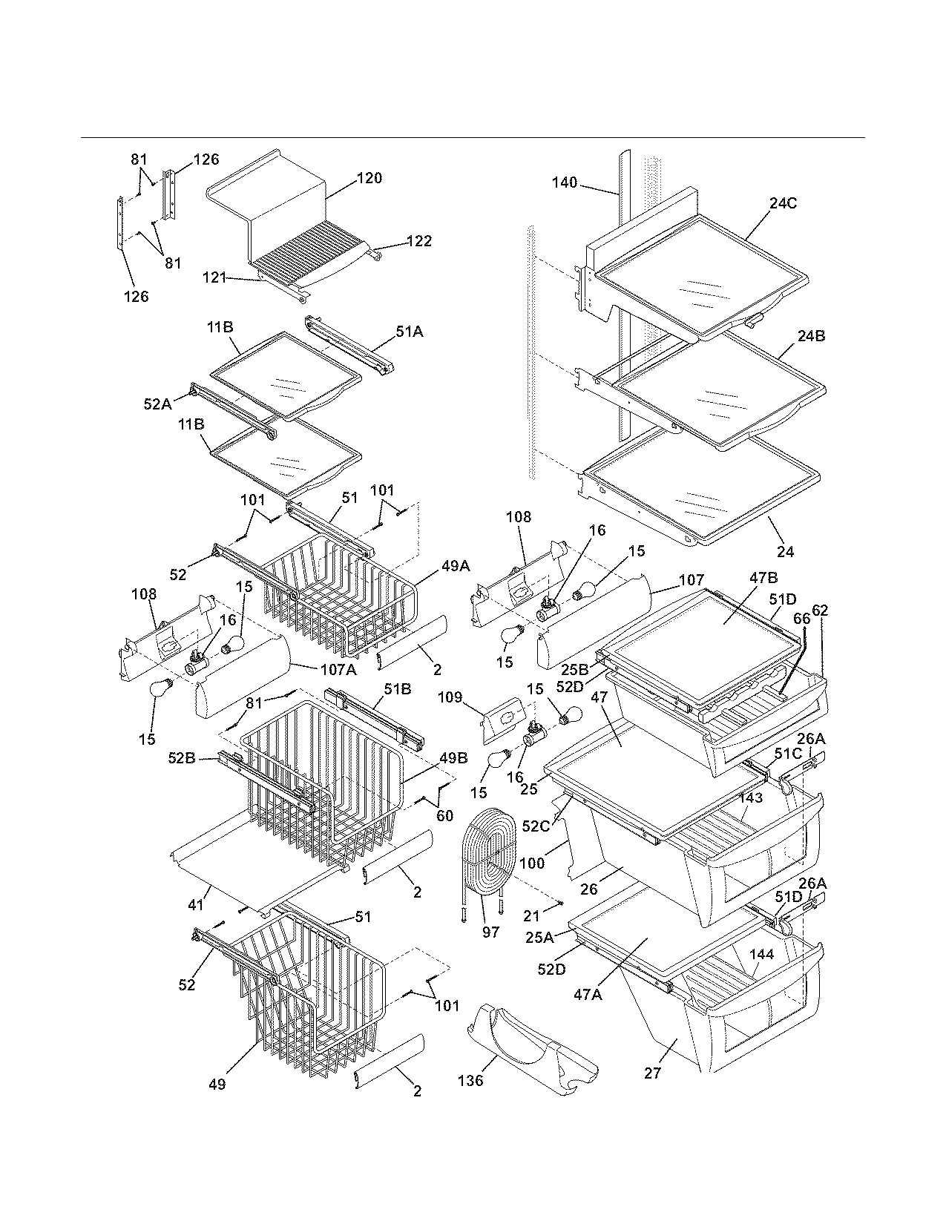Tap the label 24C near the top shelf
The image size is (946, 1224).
[783, 203]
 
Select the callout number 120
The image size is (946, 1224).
[369, 178]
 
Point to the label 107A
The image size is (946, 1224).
[338, 668]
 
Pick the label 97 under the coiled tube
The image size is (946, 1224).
[490, 932]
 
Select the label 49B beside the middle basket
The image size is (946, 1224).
[453, 758]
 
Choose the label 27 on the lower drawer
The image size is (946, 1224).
[653, 1073]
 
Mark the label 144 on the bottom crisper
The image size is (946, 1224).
[762, 955]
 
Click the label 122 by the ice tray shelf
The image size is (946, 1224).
[418, 241]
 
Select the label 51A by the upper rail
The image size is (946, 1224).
[409, 333]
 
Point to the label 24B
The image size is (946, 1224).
[811, 336]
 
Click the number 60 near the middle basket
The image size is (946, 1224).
[444, 817]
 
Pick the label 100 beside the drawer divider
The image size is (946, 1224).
[532, 863]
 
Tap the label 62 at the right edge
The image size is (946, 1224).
[820, 611]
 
